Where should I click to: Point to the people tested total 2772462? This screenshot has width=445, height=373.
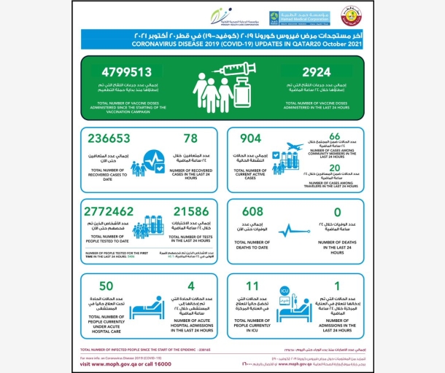click(118, 212)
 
